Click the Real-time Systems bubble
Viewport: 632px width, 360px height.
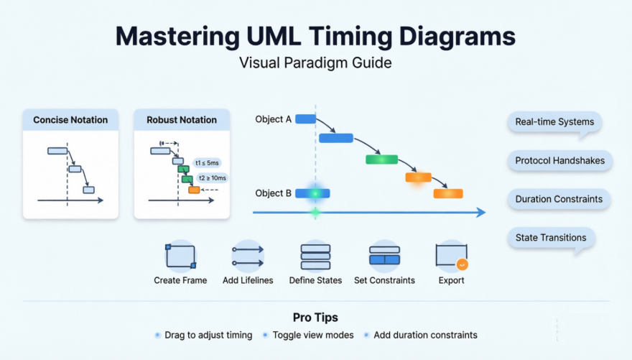pos(554,122)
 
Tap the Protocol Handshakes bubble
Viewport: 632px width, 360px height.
pos(559,161)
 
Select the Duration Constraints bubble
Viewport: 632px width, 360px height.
pos(559,199)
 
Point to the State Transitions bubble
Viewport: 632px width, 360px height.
pos(551,238)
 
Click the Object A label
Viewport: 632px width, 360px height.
pos(273,119)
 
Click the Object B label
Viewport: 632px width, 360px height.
pos(273,193)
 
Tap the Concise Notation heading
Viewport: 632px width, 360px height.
pos(70,120)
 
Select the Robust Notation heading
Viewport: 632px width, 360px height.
pos(182,120)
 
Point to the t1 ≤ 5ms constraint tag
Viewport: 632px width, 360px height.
pos(209,162)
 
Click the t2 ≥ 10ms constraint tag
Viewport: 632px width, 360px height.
pos(212,177)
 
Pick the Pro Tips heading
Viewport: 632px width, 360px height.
pos(315,317)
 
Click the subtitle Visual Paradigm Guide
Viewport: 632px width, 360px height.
pos(315,63)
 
